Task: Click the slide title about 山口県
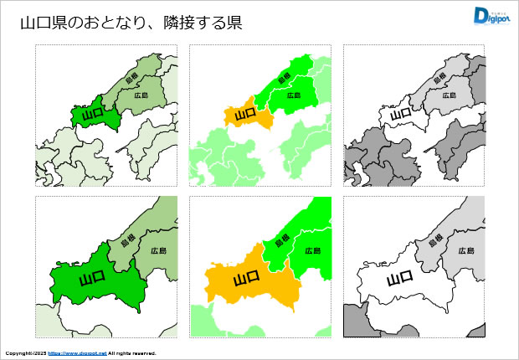pos(131,23)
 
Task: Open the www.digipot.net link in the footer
pos(77,353)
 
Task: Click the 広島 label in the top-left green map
pos(140,95)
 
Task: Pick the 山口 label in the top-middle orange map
pos(245,113)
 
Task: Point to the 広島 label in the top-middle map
pos(293,95)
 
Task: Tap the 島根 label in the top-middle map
pos(284,79)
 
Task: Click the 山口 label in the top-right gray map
pos(399,113)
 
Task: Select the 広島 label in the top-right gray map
pos(447,95)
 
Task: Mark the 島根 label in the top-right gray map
pos(439,79)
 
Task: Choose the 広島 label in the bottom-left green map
pos(159,251)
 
